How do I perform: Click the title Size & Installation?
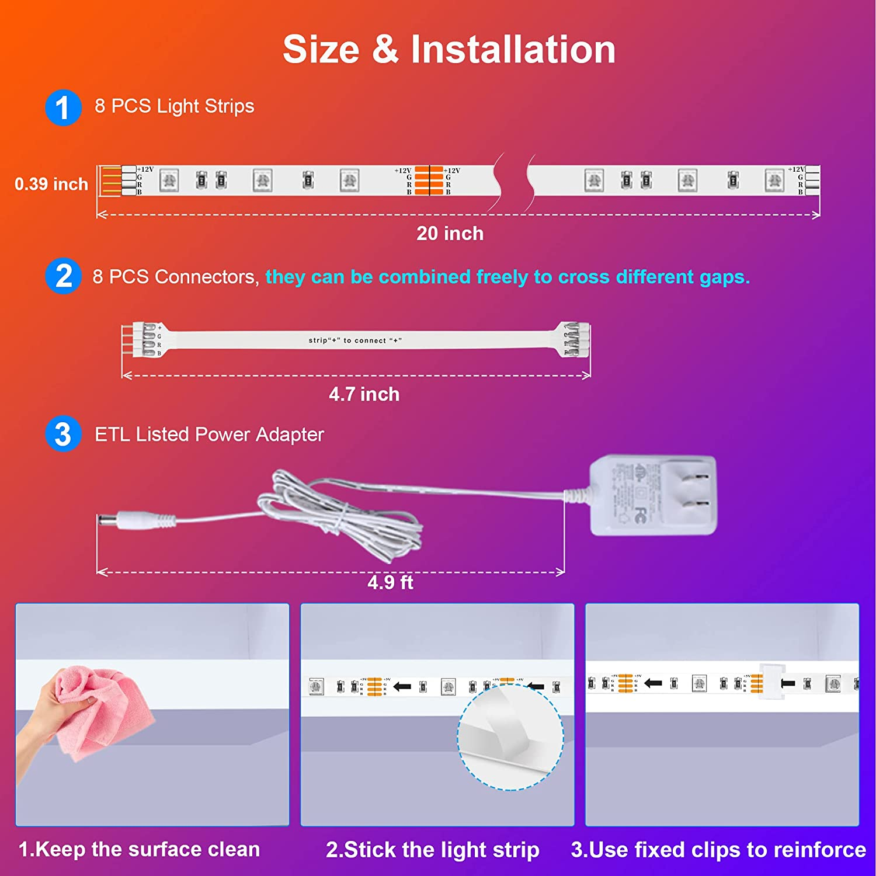pos(449,49)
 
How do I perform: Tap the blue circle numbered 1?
pos(63,107)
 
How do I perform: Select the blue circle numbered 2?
pos(63,276)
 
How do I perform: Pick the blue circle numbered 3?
pos(63,434)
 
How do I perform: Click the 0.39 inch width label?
pos(51,184)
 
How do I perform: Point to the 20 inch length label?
pos(450,234)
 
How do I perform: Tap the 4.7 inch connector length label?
pos(364,394)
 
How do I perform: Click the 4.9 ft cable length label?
pos(390,582)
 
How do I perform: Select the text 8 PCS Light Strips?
pos(174,106)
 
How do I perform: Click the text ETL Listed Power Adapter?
pos(209,434)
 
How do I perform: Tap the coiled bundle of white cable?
pos(345,514)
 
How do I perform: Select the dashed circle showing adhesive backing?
pos(510,737)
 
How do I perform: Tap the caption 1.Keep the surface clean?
pos(139,849)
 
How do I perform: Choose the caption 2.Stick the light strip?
pos(432,850)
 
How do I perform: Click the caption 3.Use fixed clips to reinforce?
pos(718,850)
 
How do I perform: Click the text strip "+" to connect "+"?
pos(355,340)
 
